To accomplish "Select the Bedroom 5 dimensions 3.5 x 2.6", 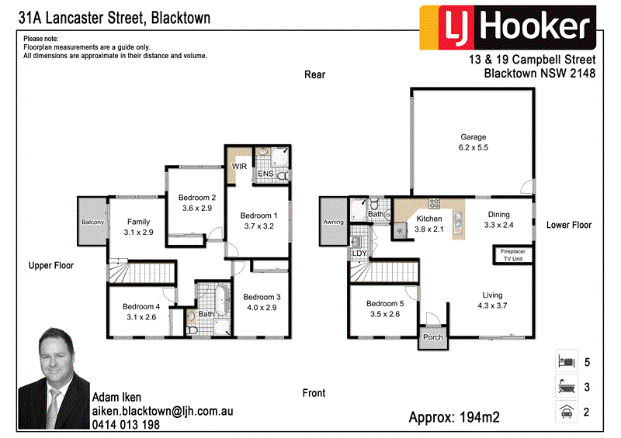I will [383, 315].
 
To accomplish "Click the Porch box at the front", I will [432, 337].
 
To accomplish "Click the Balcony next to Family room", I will [92, 222].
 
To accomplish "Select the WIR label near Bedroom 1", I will [239, 166].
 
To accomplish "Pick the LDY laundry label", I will [359, 253].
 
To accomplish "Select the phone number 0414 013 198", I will [126, 425].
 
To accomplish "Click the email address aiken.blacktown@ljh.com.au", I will [162, 412].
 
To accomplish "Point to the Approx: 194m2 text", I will [454, 418].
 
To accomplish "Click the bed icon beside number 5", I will [567, 361].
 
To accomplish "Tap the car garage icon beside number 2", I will [567, 412].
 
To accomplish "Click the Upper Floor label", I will [51, 265].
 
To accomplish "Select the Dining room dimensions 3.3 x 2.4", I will [499, 226].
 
